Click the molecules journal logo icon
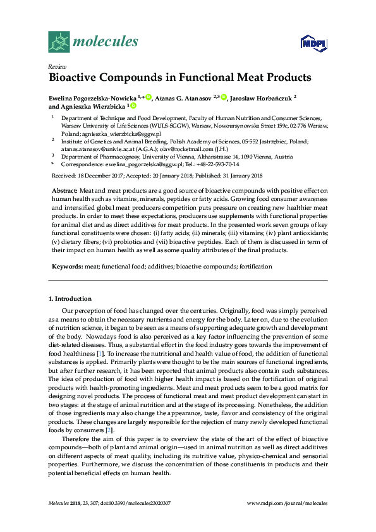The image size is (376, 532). pyautogui.click(x=59, y=42)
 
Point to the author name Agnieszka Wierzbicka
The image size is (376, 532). pyautogui.click(x=93, y=107)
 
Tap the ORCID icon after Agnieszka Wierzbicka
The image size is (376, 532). pyautogui.click(x=133, y=106)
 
